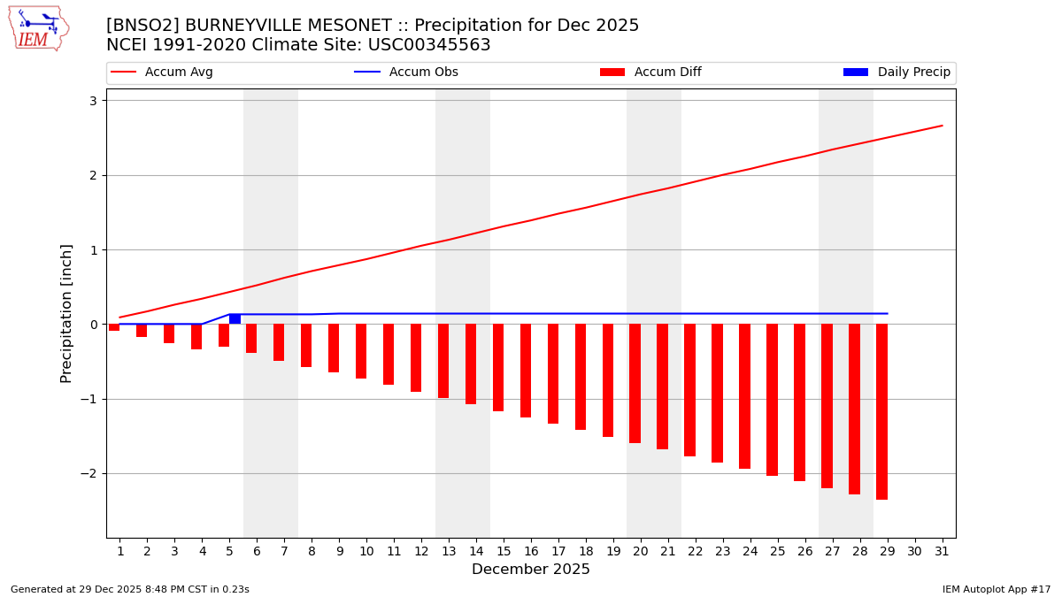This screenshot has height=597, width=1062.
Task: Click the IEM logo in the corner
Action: [x=38, y=28]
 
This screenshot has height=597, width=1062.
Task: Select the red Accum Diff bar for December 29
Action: [x=881, y=411]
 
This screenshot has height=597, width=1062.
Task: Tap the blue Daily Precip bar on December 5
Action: [x=235, y=319]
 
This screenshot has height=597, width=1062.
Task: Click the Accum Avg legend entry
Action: [x=162, y=73]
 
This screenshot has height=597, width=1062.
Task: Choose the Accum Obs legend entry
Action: [x=406, y=73]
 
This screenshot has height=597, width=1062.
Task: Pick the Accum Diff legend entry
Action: [x=650, y=73]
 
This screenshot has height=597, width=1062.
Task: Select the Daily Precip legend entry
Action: [x=897, y=73]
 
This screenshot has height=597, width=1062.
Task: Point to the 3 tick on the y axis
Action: [x=93, y=101]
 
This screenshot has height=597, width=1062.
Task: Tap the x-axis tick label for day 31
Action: [x=942, y=552]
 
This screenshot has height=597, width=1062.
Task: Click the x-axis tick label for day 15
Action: [x=504, y=552]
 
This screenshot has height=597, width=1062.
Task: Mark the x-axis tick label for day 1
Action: [x=120, y=552]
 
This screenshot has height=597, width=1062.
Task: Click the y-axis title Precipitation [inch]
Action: [x=67, y=313]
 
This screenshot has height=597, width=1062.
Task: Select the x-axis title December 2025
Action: [x=530, y=570]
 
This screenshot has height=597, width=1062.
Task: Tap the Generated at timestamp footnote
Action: [x=130, y=590]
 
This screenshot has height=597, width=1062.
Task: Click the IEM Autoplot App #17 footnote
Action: [x=997, y=590]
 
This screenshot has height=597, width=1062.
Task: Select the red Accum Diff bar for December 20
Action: [x=635, y=383]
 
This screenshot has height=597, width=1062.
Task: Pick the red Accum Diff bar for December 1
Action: [x=114, y=327]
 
